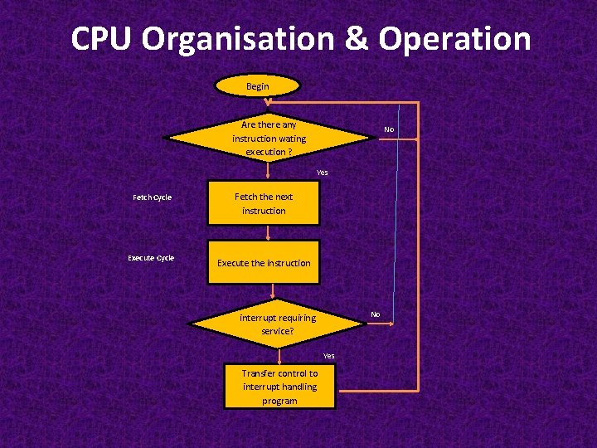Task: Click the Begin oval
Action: click(x=258, y=86)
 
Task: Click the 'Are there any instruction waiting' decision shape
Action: click(x=268, y=138)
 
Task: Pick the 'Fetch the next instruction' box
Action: click(x=264, y=204)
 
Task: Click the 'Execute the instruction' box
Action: click(x=264, y=263)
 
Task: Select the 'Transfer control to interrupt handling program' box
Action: click(x=279, y=387)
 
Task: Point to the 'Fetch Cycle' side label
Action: click(x=152, y=197)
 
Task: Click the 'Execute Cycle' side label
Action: click(x=151, y=258)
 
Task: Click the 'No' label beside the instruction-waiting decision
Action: click(x=389, y=130)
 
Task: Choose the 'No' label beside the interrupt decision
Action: click(x=375, y=314)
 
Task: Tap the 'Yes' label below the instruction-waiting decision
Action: click(x=322, y=173)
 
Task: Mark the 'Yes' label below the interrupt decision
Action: click(x=328, y=355)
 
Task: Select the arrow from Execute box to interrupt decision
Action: click(x=272, y=290)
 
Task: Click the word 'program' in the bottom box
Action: click(x=279, y=401)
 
